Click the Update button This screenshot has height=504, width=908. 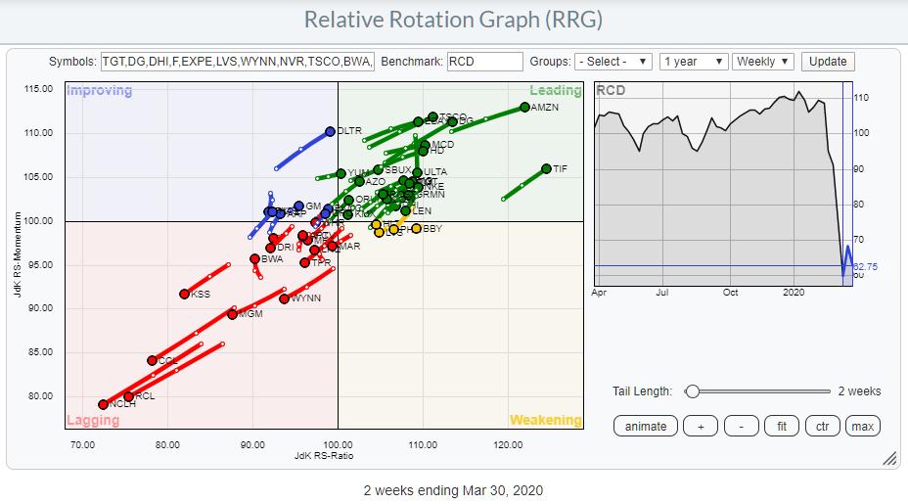click(827, 61)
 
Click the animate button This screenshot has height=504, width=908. click(646, 426)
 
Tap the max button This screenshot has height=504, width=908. click(862, 426)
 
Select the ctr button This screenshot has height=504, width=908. click(822, 426)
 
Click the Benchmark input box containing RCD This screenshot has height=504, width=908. click(484, 61)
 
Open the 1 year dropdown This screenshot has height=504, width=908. click(693, 61)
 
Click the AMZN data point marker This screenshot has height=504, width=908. click(525, 107)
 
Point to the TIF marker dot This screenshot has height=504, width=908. click(546, 168)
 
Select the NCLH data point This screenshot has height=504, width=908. click(103, 404)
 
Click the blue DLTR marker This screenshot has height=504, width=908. click(330, 131)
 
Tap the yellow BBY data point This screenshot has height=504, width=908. click(416, 229)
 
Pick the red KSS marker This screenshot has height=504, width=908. click(184, 294)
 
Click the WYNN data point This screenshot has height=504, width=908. click(284, 298)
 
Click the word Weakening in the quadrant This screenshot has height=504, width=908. click(545, 420)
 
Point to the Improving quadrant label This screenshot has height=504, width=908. click(99, 91)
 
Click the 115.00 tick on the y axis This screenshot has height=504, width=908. click(39, 89)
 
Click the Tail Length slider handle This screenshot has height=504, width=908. click(693, 391)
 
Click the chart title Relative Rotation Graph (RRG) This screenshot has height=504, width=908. click(453, 20)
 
